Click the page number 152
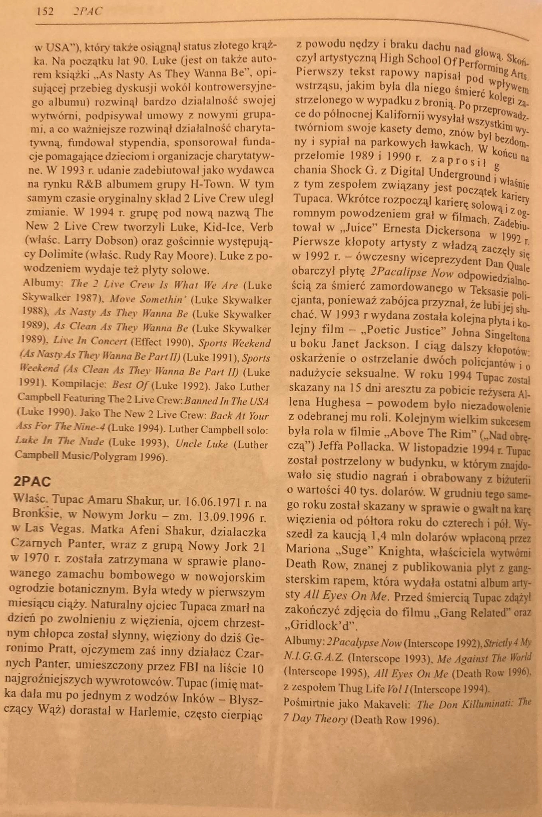(x=45, y=12)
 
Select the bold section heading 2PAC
(x=32, y=482)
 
